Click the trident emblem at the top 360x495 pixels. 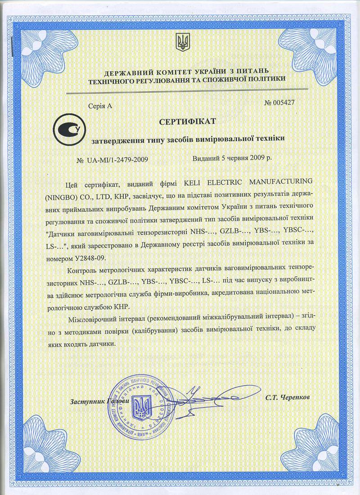pyautogui.click(x=182, y=43)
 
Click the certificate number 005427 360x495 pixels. pyautogui.click(x=284, y=103)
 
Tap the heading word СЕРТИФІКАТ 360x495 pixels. pyautogui.click(x=188, y=121)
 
